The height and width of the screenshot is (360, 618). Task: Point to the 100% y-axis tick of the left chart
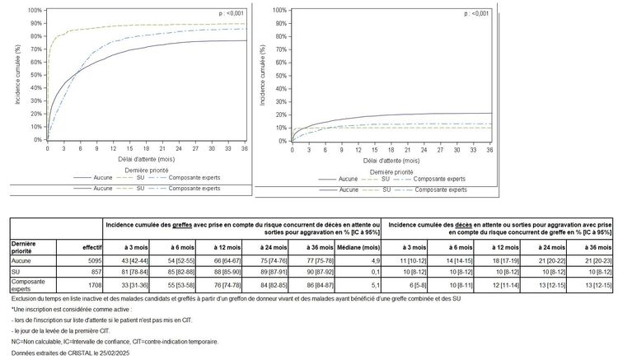point(35,10)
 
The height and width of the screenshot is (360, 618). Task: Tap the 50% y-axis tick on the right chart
point(279,75)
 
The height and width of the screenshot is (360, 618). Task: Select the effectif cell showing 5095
point(89,260)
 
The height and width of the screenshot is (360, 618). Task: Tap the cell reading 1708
point(89,283)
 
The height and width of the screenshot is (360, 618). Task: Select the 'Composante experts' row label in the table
point(28,283)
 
